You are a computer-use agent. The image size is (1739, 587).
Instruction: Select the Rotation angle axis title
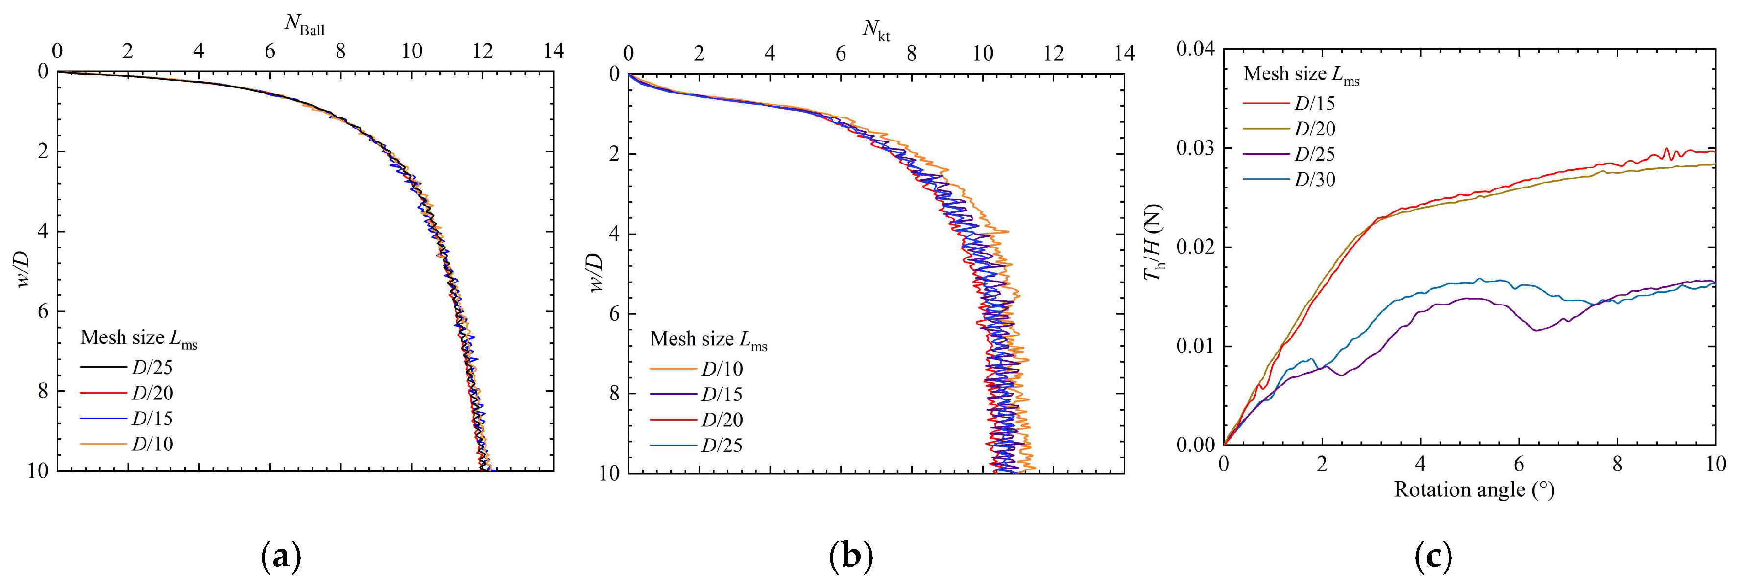tap(1474, 489)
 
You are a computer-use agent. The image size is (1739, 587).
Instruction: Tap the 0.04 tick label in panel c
tap(1195, 48)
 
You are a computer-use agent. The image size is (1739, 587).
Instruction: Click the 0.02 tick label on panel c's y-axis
tap(1195, 247)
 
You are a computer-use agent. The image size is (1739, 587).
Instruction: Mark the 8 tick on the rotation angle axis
tap(1617, 464)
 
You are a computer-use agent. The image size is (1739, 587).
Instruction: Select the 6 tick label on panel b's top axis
tap(841, 53)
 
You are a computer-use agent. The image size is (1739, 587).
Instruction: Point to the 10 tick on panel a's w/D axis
tap(39, 471)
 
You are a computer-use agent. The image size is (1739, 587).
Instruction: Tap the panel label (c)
tap(1432, 557)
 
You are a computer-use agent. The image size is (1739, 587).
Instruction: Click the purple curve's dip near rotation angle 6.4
tap(1537, 330)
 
